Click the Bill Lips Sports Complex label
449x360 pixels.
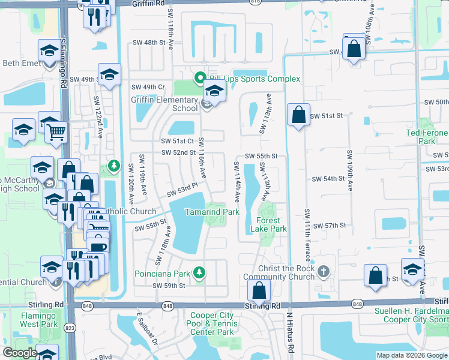(x=254, y=79)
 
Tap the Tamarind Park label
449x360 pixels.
(x=211, y=212)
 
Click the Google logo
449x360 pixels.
(x=19, y=353)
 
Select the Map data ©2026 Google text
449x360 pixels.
(x=411, y=355)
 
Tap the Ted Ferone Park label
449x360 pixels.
(x=428, y=137)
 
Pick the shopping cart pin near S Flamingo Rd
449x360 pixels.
(x=56, y=131)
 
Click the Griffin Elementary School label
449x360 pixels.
(x=164, y=104)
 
